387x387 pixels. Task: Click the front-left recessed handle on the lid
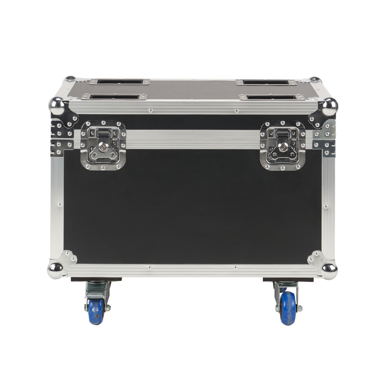(114, 97)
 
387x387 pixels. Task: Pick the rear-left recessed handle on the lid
(120, 82)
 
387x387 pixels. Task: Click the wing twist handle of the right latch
(283, 152)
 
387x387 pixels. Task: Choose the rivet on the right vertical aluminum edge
(326, 207)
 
